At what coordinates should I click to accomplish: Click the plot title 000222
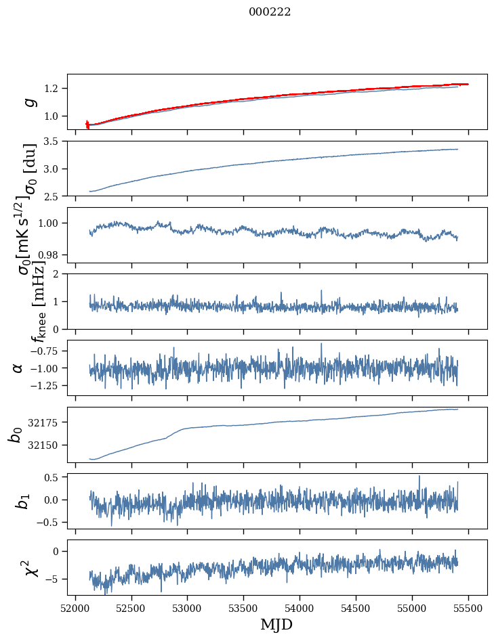[x=270, y=12]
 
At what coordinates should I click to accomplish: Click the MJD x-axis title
[x=276, y=624]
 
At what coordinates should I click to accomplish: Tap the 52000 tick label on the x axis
[x=75, y=607]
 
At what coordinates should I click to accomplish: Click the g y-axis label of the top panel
[x=28, y=102]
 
